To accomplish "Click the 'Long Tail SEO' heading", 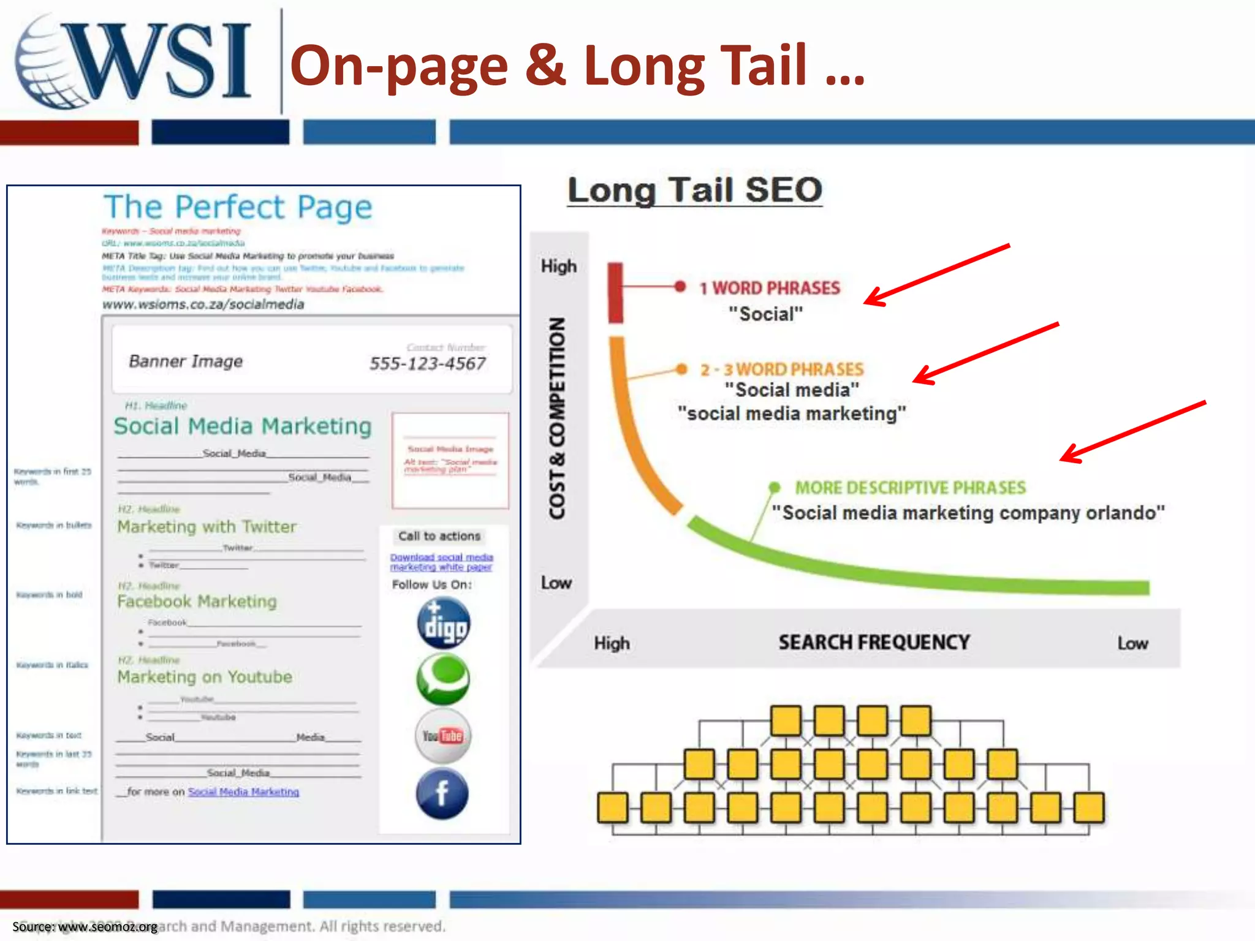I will point(694,190).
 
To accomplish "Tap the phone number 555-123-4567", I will point(427,363).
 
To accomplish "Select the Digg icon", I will point(443,623).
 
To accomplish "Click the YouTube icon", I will point(442,736).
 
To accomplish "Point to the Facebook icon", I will point(442,793).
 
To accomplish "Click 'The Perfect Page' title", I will point(238,207).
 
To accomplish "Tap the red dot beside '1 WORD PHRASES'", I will point(680,287).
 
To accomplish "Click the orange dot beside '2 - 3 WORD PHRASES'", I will point(681,369).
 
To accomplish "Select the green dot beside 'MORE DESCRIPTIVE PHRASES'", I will point(775,487).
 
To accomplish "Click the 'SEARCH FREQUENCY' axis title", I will point(874,642).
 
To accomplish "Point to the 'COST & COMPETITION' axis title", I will point(556,418).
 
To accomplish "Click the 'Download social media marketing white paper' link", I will point(441,562).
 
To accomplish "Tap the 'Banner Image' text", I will point(186,361).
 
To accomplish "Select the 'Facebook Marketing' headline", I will point(197,602).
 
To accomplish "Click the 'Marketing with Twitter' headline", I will point(207,527).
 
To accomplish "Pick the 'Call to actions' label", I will point(439,536).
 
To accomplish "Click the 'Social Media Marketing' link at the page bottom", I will point(243,792).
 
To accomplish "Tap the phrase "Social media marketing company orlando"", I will point(968,512).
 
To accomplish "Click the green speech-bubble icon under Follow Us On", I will point(442,679).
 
